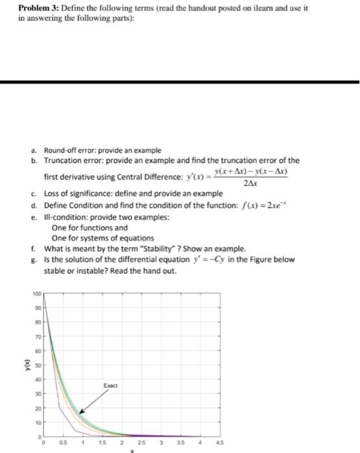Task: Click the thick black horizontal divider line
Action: point(180,82)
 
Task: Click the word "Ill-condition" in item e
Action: point(65,217)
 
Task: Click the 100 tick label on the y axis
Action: point(36,295)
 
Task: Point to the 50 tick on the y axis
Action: point(37,365)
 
